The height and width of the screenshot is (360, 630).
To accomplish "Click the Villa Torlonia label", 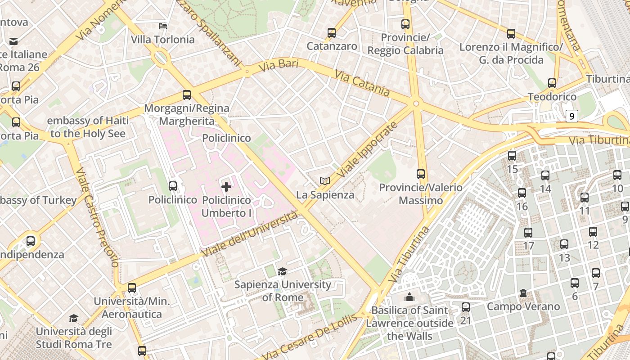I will pyautogui.click(x=162, y=40).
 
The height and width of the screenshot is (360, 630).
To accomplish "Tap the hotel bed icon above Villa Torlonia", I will pyautogui.click(x=163, y=26).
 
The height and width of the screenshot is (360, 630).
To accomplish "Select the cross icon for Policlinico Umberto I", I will pyautogui.click(x=226, y=186).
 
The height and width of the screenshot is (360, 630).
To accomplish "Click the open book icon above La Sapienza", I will pyautogui.click(x=325, y=181).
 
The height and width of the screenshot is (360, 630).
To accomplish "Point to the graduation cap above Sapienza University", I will pyautogui.click(x=282, y=271).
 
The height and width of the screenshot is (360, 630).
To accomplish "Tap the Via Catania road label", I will pyautogui.click(x=362, y=83).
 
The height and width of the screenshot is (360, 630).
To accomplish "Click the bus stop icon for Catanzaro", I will pyautogui.click(x=332, y=33).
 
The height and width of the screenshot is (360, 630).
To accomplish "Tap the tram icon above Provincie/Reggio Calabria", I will pyautogui.click(x=405, y=24).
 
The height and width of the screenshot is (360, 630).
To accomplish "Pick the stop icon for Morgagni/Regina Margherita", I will pyautogui.click(x=187, y=95).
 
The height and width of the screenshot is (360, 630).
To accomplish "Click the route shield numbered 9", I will pyautogui.click(x=571, y=116).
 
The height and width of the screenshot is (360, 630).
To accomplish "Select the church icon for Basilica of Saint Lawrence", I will pyautogui.click(x=409, y=297).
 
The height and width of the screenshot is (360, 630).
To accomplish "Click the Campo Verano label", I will pyautogui.click(x=523, y=306).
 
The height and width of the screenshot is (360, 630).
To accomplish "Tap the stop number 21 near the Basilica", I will pyautogui.click(x=465, y=320).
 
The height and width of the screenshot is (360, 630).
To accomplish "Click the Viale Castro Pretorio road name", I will pyautogui.click(x=96, y=217).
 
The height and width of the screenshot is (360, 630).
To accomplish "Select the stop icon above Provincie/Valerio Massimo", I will pyautogui.click(x=421, y=174).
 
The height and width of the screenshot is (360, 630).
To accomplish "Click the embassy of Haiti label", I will pyautogui.click(x=88, y=127).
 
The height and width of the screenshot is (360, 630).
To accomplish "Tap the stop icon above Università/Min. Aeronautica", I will pyautogui.click(x=132, y=288).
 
